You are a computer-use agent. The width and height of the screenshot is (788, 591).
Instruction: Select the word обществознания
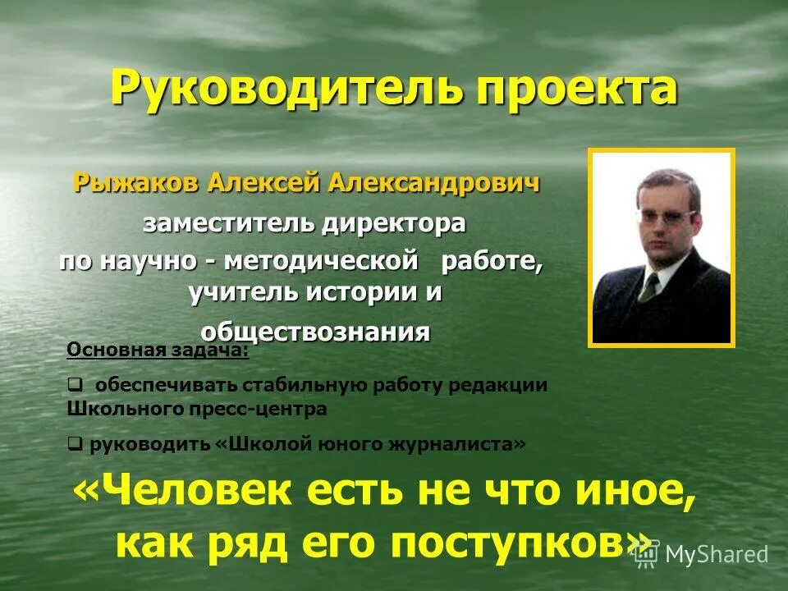316,331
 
